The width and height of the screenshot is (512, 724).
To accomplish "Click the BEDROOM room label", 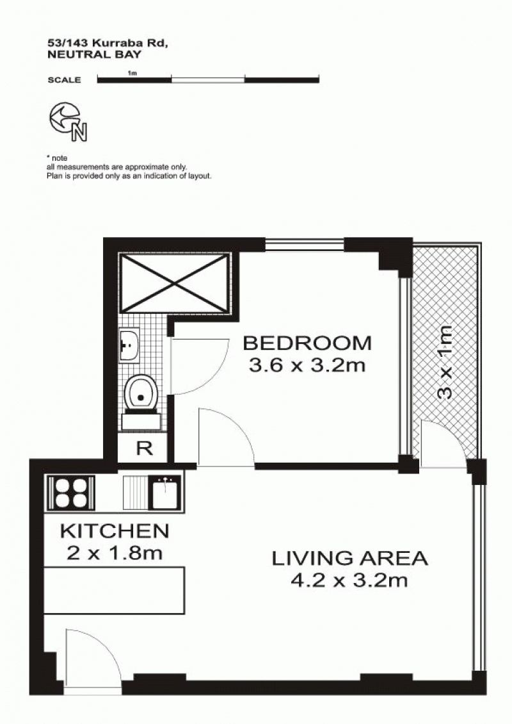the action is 307,343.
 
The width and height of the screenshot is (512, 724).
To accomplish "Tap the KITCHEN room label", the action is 115,531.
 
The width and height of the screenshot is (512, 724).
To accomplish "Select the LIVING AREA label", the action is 349,558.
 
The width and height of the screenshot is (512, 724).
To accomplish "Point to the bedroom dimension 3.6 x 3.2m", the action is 307,366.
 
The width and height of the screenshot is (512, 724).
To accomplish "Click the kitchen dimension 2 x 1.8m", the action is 115,553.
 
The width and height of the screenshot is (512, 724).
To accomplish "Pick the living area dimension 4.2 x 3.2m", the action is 349,580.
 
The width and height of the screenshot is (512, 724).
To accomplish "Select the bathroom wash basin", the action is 130,345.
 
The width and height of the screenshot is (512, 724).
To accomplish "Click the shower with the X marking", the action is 174,283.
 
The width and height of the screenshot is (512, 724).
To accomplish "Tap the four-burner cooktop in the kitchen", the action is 71,493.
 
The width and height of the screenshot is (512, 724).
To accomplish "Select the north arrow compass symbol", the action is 68,122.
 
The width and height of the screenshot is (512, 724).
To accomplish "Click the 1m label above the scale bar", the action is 132,72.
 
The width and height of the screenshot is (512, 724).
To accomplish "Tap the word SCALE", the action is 64,80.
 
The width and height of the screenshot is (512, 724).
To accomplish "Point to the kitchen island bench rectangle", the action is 115,591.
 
